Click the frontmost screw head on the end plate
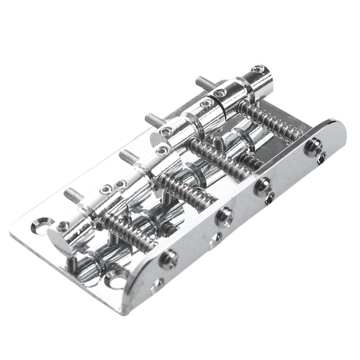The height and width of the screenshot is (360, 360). point(168,260)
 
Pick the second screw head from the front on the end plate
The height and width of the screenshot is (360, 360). point(224,217)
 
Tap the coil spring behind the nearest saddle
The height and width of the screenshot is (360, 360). point(128,232)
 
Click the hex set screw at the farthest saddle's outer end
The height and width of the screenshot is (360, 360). point(258,69)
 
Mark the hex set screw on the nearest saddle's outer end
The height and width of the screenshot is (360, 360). point(63,226)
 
